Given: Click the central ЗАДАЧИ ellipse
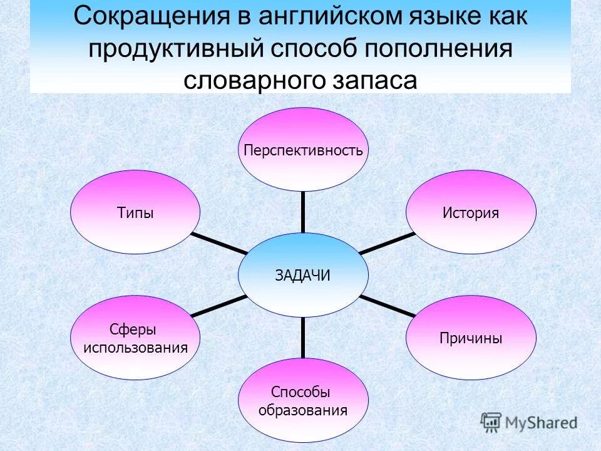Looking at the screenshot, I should (303, 275).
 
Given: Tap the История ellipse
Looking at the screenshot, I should (471, 212).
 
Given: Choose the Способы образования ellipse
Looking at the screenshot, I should (303, 401).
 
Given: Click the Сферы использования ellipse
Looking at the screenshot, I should (135, 338).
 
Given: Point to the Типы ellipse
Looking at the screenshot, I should (135, 212).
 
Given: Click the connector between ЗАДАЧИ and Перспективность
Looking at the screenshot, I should (303, 212).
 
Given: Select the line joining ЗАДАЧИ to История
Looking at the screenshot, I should (387, 243).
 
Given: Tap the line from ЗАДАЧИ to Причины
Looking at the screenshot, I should (387, 306).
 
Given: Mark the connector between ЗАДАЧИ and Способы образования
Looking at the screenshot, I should (303, 338).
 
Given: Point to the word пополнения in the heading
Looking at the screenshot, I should (442, 49).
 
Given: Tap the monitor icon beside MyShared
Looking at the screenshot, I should (491, 422).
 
